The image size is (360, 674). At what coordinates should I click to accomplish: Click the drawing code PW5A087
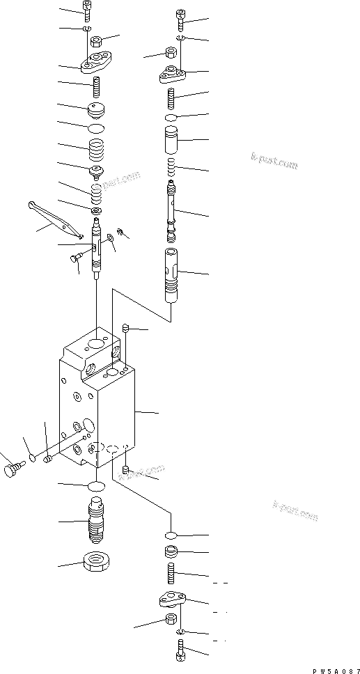333,667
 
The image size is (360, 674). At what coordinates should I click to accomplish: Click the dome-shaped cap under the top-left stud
96,111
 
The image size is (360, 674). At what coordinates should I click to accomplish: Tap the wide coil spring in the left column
96,150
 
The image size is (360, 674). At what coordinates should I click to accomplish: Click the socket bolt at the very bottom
179,654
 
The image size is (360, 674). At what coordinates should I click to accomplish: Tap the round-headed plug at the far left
11,471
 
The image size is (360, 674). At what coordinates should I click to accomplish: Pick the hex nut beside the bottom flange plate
169,622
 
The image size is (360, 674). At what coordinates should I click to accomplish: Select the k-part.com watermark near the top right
274,163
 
